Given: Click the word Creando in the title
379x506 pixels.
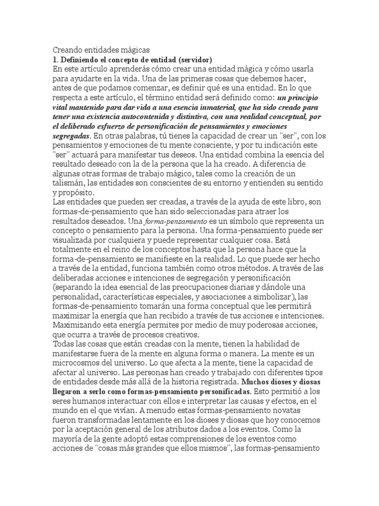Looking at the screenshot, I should (x=68, y=50).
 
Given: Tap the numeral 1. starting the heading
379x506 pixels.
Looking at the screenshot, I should (x=56, y=59).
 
